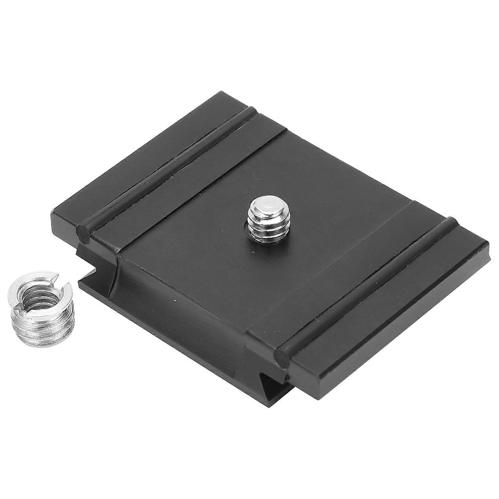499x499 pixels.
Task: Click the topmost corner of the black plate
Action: [223, 92]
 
